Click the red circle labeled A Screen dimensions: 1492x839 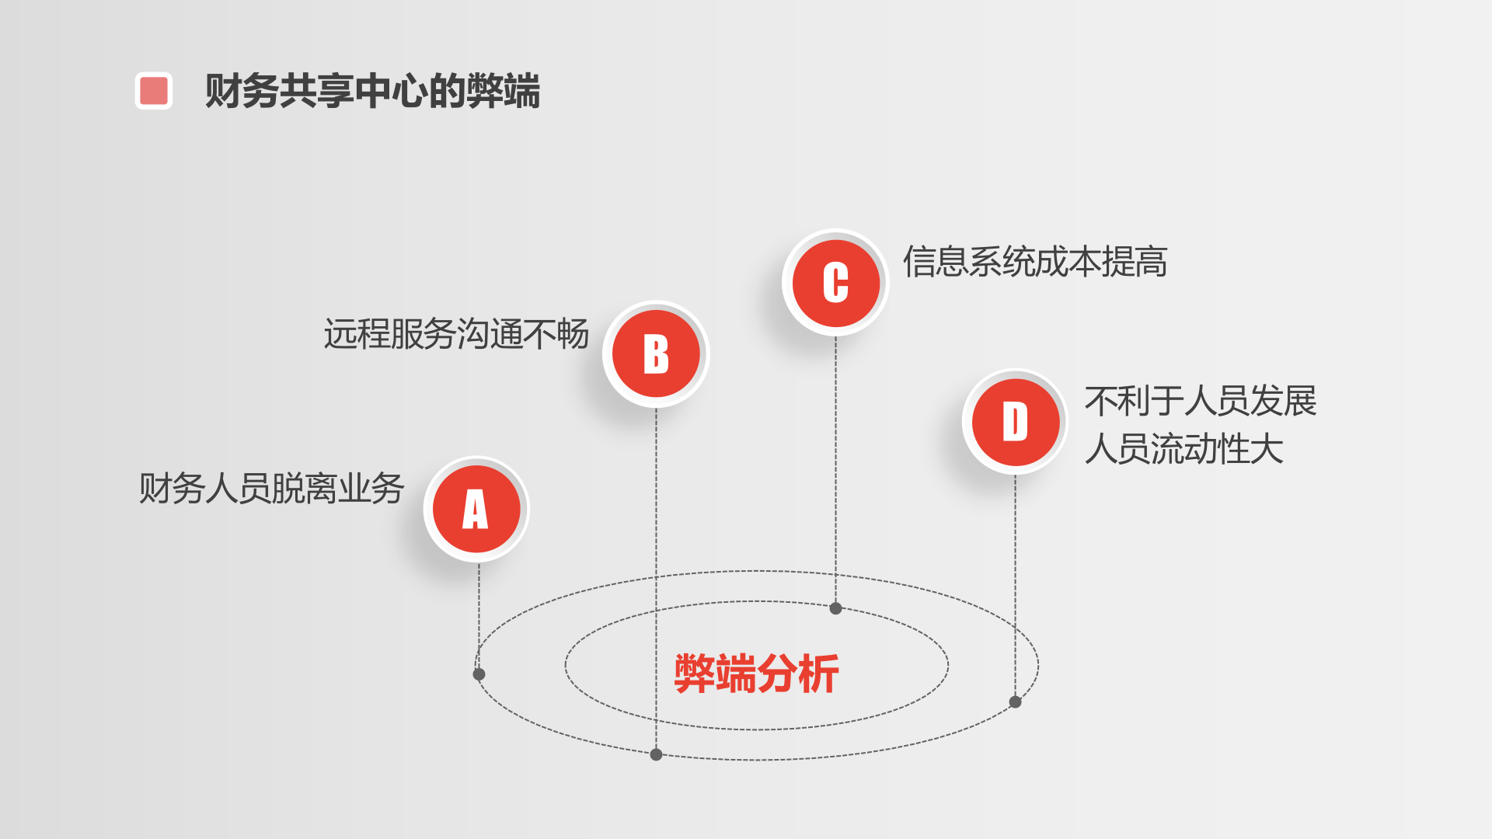point(476,509)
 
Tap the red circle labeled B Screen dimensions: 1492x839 point(656,354)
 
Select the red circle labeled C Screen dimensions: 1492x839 point(835,283)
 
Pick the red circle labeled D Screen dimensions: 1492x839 point(1015,422)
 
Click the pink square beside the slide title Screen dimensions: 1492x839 point(154,91)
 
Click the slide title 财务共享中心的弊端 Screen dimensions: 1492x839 point(372,91)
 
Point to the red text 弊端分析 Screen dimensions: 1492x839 point(756,673)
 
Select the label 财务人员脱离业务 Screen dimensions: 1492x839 point(271,489)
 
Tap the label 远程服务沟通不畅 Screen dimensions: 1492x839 point(456,334)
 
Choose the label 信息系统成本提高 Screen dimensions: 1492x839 point(1034,262)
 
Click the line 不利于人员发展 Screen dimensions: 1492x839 point(1200,401)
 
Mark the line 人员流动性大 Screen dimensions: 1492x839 point(1183,449)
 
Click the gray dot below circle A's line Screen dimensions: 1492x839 point(479,674)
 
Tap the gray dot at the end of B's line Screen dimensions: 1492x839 point(656,754)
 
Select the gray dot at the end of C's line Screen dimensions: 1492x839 point(835,608)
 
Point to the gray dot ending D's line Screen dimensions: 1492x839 point(1015,702)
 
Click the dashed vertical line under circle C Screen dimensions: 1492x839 point(835,466)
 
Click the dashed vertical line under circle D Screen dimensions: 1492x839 point(1015,583)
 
